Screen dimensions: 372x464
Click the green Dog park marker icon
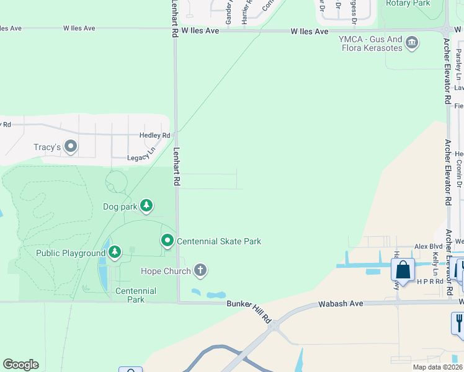click(x=146, y=205)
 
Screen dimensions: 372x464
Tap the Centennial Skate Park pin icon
click(x=167, y=241)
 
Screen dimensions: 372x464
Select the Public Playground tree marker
click(x=115, y=252)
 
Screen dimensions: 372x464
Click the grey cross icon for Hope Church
click(x=200, y=270)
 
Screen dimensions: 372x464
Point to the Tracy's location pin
click(x=70, y=147)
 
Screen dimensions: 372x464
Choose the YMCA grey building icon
click(x=412, y=43)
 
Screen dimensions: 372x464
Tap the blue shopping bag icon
click(x=403, y=270)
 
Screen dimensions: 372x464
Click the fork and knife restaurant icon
click(x=458, y=322)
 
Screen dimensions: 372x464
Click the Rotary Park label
click(x=408, y=4)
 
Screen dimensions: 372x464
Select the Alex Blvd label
click(x=427, y=246)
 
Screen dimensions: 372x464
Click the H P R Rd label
click(x=431, y=281)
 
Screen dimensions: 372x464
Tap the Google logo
click(x=20, y=365)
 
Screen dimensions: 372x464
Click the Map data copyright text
click(x=437, y=367)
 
